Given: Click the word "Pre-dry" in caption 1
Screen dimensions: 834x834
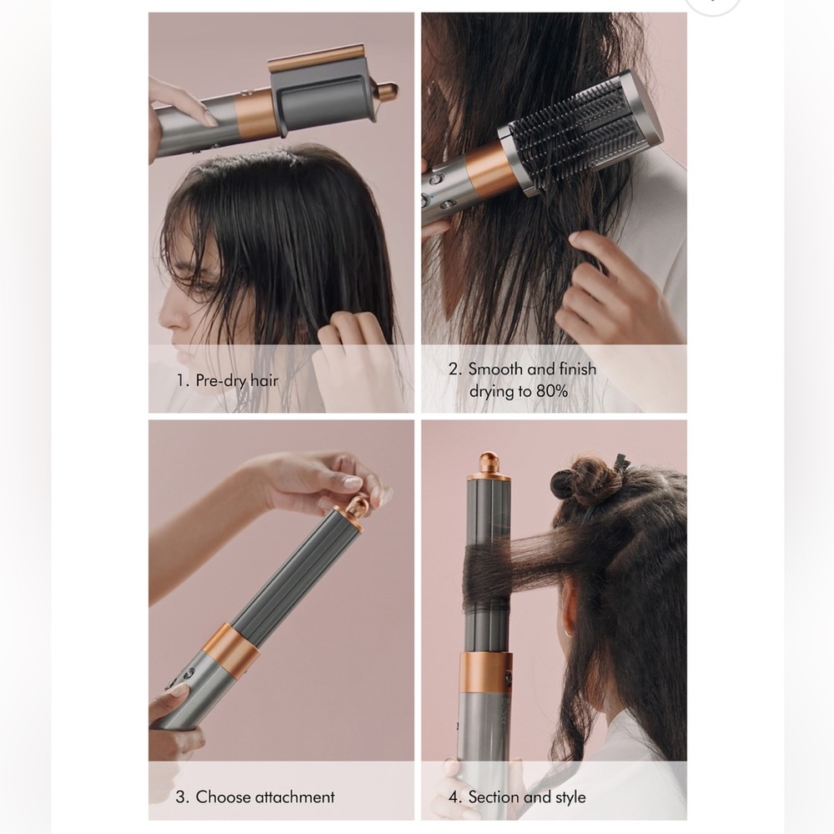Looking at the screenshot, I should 219,380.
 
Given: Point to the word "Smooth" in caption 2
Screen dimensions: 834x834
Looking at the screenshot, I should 495,369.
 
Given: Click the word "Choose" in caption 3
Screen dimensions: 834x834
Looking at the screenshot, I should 222,796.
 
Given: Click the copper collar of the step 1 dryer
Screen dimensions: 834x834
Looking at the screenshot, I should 256,109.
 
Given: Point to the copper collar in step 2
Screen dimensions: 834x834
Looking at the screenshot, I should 488,167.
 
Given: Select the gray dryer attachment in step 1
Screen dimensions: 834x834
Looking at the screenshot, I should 317,91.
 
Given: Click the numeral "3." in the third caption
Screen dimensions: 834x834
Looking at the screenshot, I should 182,796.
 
